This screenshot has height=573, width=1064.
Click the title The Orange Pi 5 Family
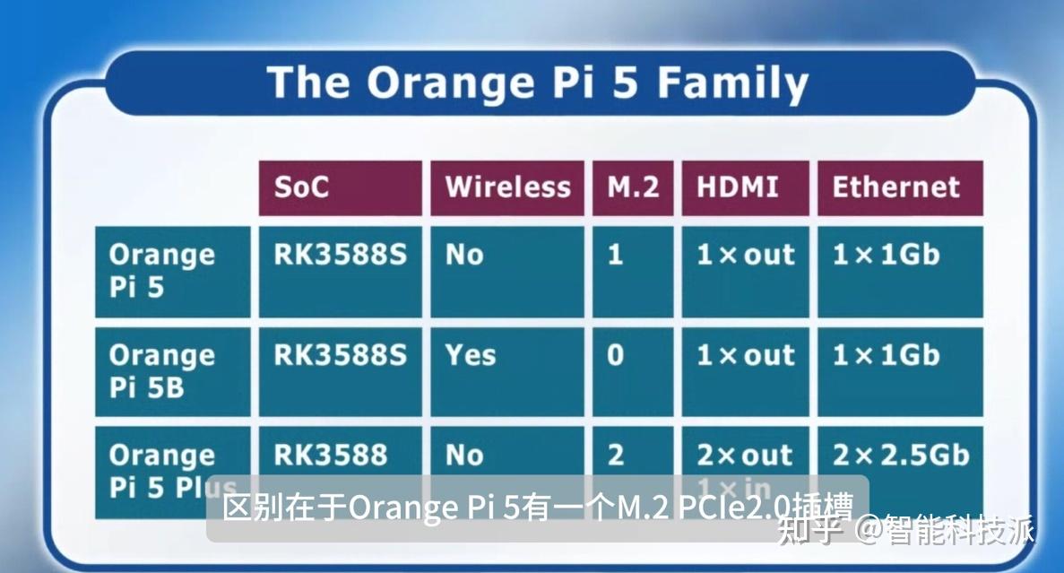(538, 82)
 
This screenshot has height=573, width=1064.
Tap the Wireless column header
(507, 187)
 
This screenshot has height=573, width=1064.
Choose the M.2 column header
(633, 187)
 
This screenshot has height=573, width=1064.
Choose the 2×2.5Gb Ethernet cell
(900, 455)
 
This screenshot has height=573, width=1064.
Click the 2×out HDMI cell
(745, 455)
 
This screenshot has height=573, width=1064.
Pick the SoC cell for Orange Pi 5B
(340, 356)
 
